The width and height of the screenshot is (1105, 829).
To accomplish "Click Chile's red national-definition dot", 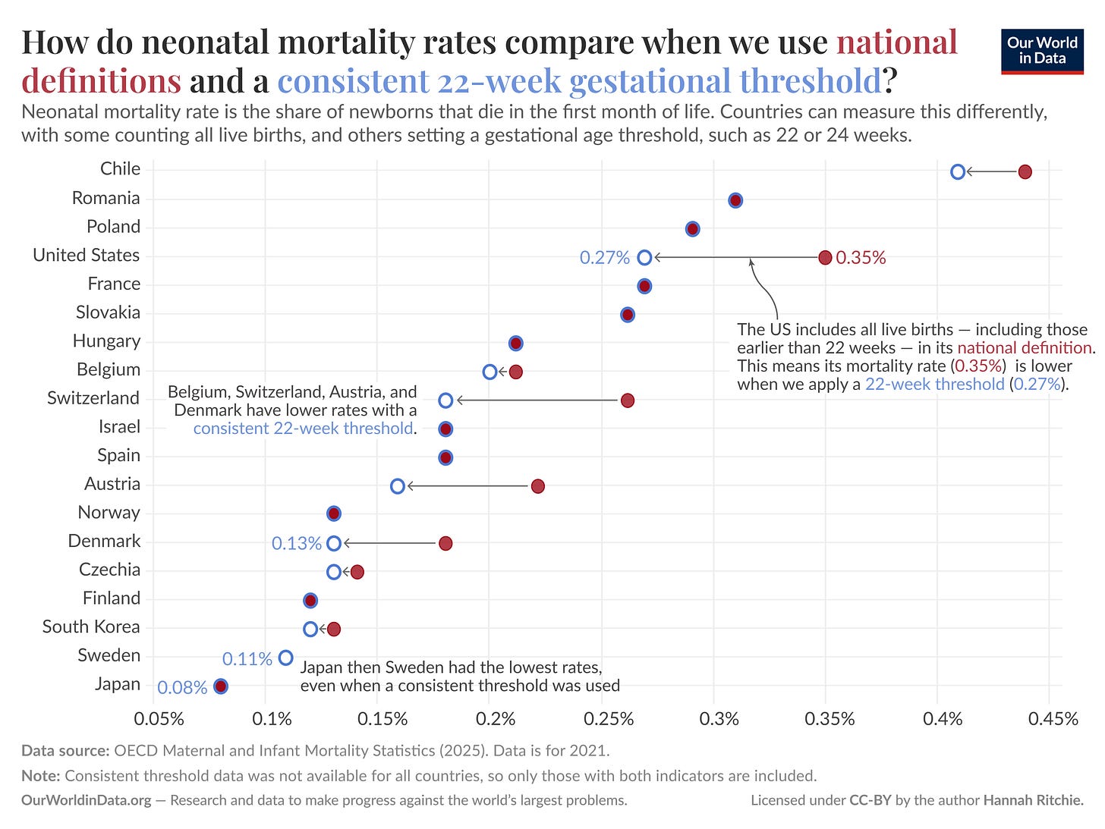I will click(1025, 172).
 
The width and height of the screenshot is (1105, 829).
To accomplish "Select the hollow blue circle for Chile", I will click(958, 172).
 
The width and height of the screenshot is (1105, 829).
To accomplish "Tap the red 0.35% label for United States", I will click(861, 258).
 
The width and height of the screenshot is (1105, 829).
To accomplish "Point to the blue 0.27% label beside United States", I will click(605, 258).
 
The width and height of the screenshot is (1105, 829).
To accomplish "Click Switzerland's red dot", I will click(627, 400).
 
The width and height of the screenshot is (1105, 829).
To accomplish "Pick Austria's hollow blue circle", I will click(398, 486).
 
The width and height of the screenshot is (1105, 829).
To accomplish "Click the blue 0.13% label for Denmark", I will click(297, 543).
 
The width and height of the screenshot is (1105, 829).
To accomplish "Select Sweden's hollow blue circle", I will click(285, 658).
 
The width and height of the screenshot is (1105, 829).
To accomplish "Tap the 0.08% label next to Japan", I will click(182, 688).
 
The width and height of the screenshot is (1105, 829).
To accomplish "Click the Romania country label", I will click(105, 198).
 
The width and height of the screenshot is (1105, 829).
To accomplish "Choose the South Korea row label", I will click(91, 626).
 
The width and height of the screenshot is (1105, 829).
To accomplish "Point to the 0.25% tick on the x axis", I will click(608, 718).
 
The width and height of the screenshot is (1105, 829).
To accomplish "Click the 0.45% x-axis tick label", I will click(1053, 718).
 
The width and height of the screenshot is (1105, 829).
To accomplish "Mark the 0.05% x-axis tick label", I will click(159, 718).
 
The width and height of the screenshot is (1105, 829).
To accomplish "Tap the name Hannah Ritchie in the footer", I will click(1034, 800).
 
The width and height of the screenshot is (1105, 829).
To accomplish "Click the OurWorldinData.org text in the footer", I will click(87, 800).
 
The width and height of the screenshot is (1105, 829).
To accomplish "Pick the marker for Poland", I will click(692, 229).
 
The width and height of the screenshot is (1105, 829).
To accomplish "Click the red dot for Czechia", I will click(357, 572).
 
